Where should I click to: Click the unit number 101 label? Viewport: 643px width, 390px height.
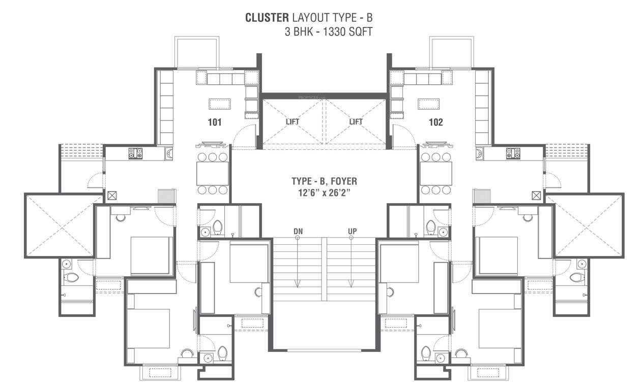coord(214,122)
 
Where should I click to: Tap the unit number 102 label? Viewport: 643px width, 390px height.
coord(435,122)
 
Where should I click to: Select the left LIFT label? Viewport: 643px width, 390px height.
coord(293,121)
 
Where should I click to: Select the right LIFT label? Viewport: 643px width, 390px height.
coord(356,121)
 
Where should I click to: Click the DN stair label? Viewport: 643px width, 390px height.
coord(298,232)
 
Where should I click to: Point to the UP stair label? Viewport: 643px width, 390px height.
coord(352,232)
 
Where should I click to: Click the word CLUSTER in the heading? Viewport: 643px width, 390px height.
coord(267,18)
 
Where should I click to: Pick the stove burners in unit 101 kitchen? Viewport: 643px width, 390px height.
coord(135,153)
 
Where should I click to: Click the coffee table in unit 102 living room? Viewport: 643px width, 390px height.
coord(429,104)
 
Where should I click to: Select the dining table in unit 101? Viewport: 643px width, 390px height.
coord(212,174)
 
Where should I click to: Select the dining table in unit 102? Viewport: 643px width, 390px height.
coord(436,174)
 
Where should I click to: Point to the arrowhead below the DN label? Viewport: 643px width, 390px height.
coord(298,285)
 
